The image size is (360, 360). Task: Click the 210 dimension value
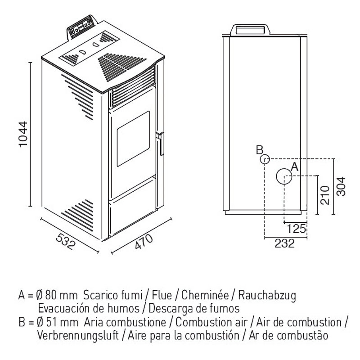[323, 194]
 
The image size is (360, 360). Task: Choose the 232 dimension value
[284, 243]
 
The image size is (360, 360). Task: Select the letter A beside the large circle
[295, 166]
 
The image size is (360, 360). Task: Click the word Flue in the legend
[161, 297]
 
